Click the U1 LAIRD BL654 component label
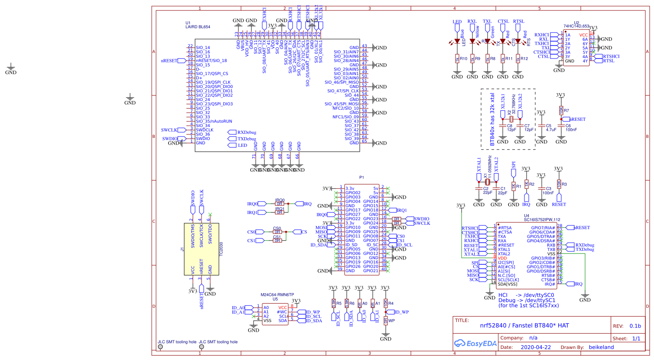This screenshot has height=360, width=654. coord(198,26)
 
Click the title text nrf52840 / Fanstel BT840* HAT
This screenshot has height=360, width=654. coord(524,325)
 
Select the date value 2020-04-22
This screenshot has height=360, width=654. coord(536,347)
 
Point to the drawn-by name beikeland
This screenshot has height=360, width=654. coord(601,347)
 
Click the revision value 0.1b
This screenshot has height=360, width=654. coord(635,326)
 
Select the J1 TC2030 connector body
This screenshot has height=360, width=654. coord(202,249)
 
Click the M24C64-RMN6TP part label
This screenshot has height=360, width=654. coord(277,295)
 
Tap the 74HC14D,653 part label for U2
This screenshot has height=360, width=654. coord(576,26)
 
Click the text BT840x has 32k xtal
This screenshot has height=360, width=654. coord(492,119)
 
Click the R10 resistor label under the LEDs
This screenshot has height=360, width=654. coord(464,58)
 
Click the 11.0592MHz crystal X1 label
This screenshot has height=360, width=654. coord(490,167)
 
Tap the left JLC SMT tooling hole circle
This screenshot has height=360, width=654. coord(160,347)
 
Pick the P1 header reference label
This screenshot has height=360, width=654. coord(361,177)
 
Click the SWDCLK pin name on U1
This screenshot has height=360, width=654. coord(205,130)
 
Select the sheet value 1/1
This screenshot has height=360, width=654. coord(636,338)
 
